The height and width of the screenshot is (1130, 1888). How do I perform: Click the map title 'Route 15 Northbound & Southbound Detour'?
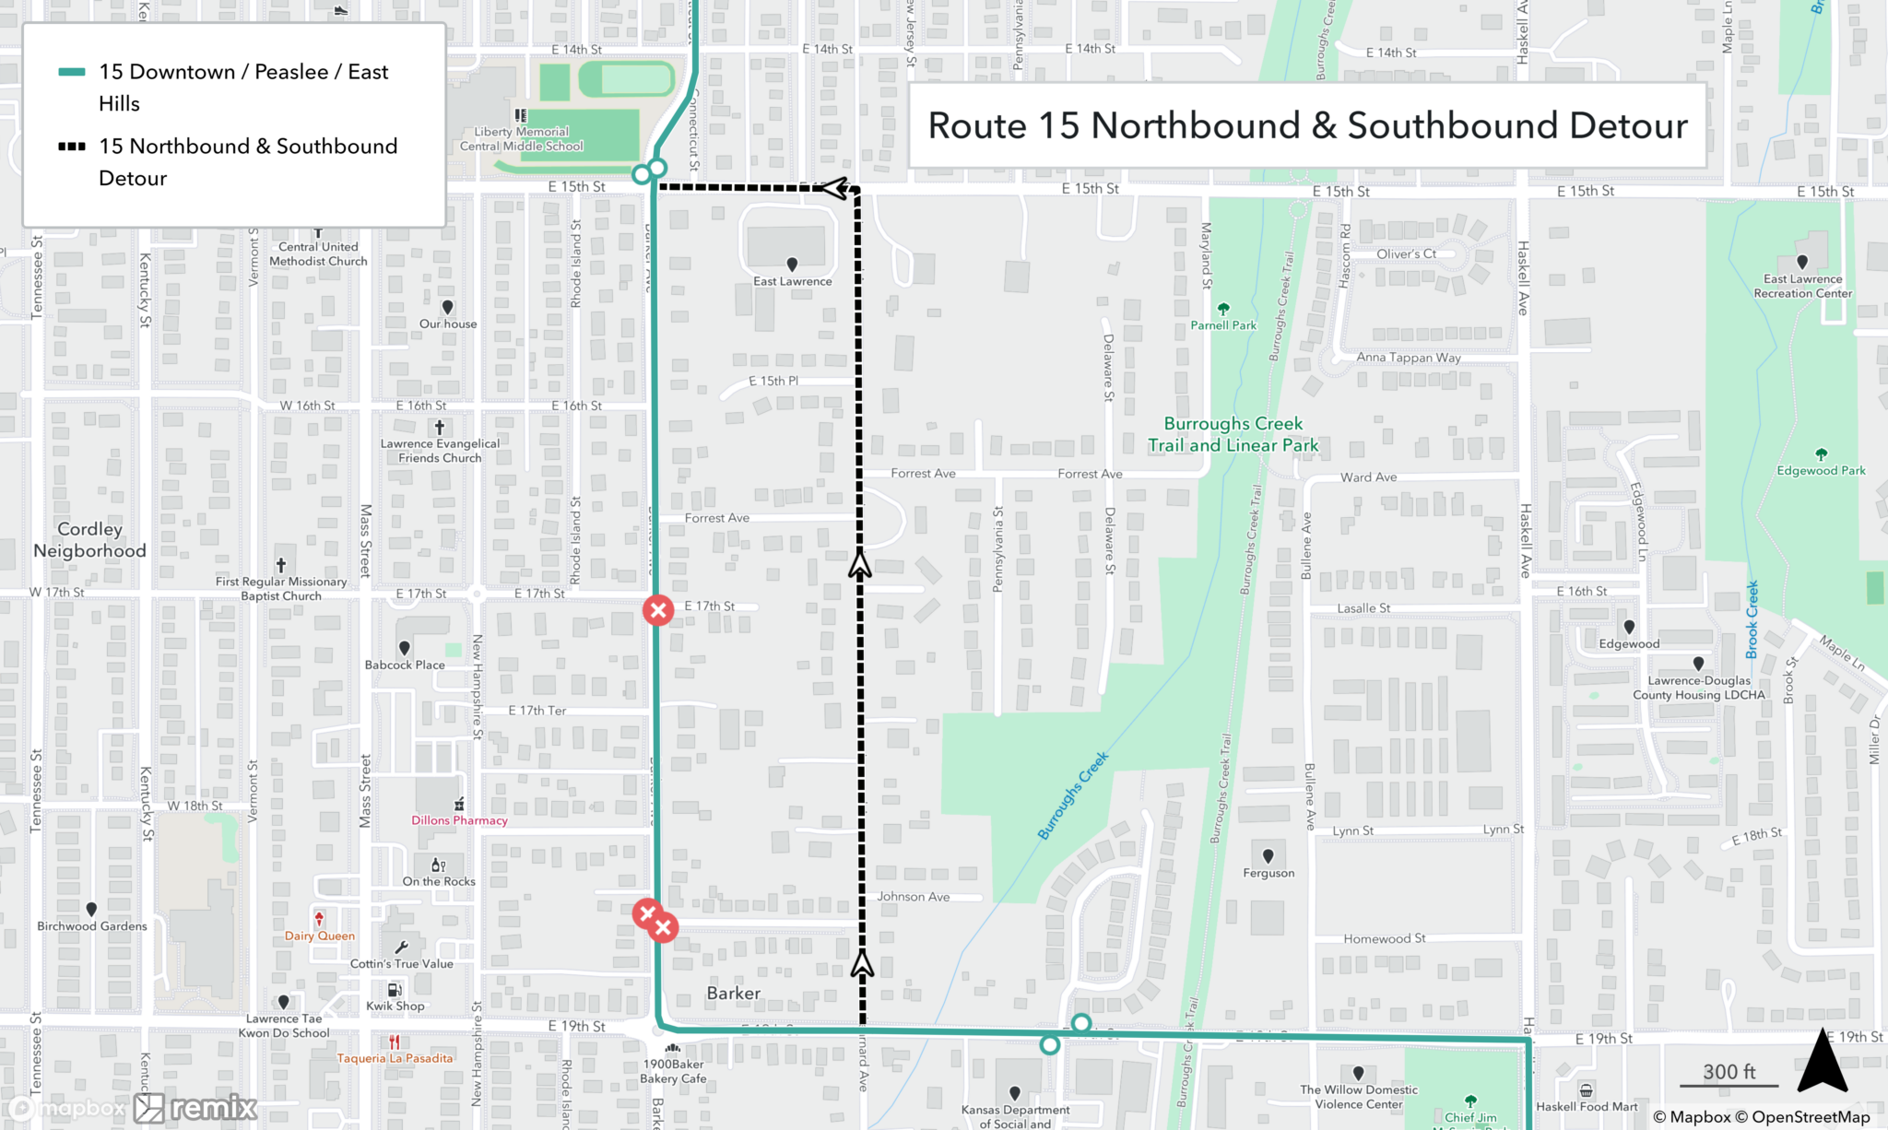[1307, 125]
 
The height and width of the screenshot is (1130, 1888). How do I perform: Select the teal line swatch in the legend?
[72, 72]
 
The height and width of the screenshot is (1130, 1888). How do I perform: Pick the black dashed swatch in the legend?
[72, 147]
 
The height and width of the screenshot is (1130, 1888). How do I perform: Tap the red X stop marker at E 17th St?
[658, 610]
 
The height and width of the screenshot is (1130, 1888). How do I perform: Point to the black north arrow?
[1822, 1063]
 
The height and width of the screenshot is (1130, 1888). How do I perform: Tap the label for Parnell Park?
[1223, 325]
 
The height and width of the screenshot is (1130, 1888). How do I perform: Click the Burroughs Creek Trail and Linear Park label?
[1233, 434]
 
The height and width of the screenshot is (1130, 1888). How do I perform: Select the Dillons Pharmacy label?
[459, 820]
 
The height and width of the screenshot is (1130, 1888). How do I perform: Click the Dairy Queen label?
[319, 936]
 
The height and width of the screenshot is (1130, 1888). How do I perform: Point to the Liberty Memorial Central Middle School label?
[522, 139]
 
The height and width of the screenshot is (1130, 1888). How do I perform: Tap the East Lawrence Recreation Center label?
[1802, 286]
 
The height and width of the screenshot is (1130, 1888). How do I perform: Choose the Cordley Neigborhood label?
[89, 540]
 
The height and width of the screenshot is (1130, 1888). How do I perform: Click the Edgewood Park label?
[1821, 471]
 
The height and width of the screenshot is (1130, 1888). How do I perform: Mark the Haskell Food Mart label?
[1587, 1106]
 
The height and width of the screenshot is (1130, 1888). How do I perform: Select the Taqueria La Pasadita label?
[395, 1058]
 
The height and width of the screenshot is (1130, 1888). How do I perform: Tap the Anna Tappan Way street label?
[1408, 358]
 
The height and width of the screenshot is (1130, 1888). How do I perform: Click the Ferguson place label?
[1268, 873]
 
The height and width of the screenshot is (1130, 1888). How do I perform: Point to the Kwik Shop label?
[395, 1006]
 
